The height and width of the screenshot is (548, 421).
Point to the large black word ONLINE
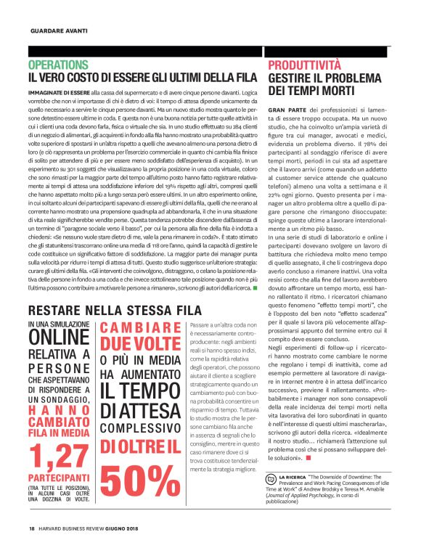click(59, 339)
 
